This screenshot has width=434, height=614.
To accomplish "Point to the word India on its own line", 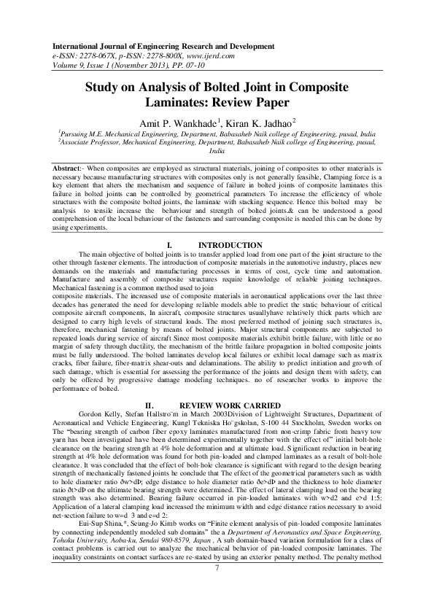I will [x=217, y=152].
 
